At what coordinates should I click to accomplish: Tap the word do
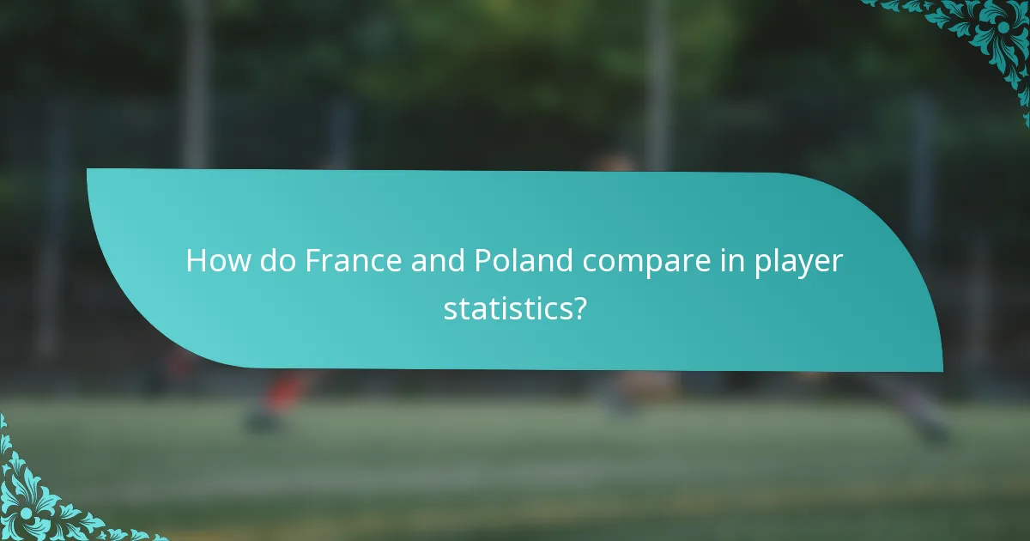(x=276, y=261)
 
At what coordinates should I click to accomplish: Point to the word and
(x=436, y=261)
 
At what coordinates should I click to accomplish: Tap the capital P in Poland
(x=482, y=261)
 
